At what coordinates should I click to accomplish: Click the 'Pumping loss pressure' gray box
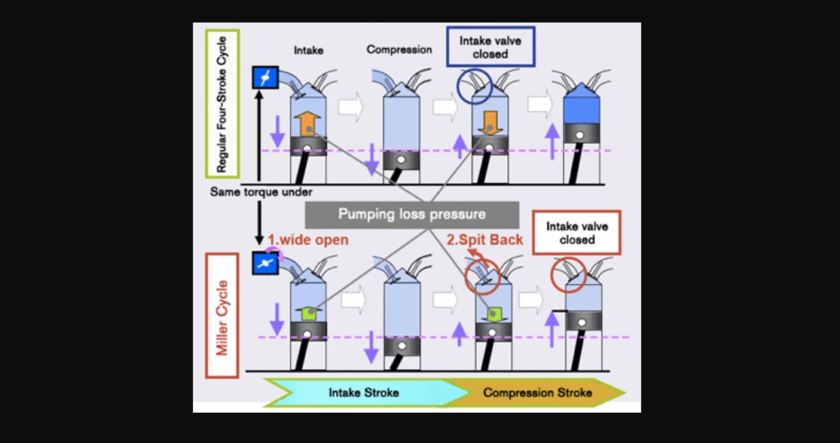click(x=412, y=215)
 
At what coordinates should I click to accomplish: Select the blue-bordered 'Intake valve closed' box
click(x=491, y=47)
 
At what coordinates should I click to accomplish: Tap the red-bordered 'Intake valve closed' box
click(x=576, y=233)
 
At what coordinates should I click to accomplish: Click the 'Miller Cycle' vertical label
click(x=222, y=315)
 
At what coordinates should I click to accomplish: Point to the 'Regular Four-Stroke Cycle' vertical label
click(x=222, y=103)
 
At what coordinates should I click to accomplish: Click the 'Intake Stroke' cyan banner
click(x=363, y=392)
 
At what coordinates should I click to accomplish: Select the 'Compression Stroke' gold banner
click(x=537, y=392)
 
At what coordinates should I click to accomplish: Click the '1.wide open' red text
click(x=307, y=240)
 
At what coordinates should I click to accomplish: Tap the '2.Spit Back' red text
click(x=485, y=240)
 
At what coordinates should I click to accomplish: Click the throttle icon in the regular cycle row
click(x=265, y=78)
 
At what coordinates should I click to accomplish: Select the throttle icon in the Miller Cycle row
click(x=265, y=263)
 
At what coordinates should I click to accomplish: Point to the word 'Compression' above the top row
click(x=399, y=50)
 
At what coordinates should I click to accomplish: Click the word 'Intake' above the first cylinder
click(x=308, y=50)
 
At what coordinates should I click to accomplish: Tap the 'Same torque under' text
click(x=261, y=192)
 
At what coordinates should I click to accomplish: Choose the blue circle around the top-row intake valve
click(x=474, y=86)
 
